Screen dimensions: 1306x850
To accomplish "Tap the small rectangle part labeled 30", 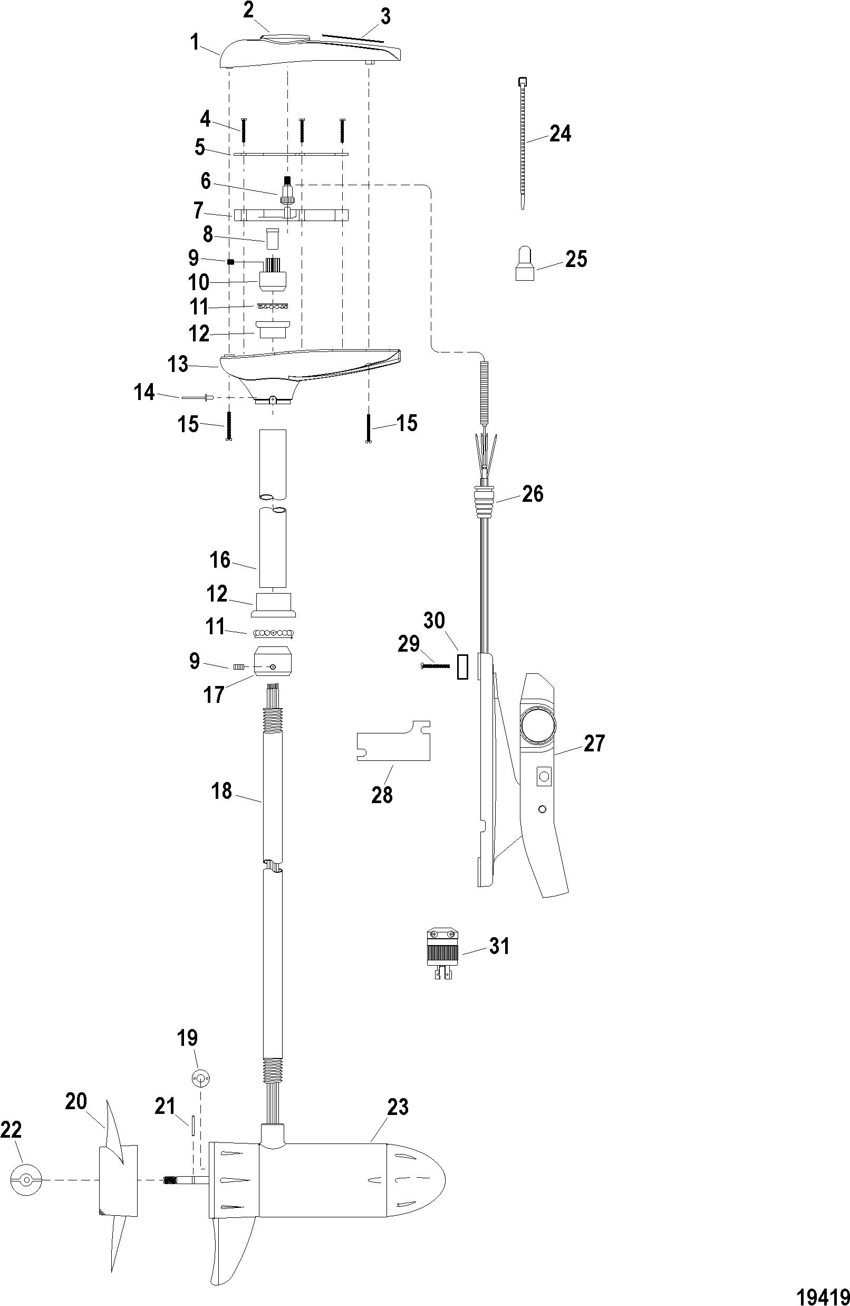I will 461,665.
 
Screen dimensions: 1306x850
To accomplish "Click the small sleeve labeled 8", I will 273,237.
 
